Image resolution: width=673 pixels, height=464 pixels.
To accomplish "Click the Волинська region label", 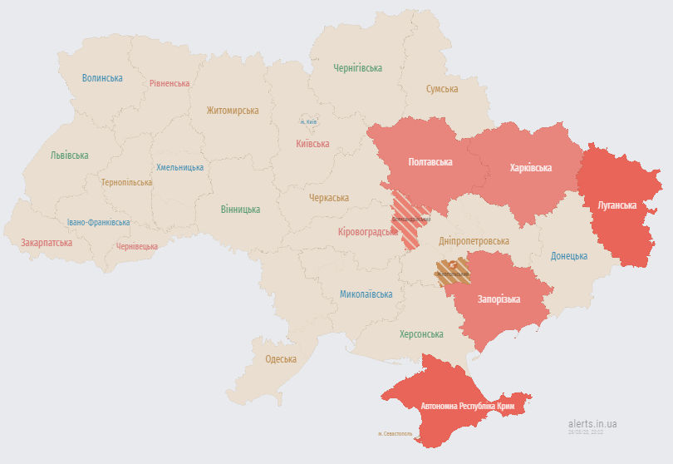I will (x=102, y=78).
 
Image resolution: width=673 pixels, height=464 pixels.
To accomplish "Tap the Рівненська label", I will (x=169, y=83).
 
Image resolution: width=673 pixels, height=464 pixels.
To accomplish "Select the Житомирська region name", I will (x=233, y=111).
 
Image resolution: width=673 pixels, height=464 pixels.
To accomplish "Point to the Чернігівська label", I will (x=357, y=68).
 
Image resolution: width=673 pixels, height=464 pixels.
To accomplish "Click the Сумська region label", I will (x=442, y=89).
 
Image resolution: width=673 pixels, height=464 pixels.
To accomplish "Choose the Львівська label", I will (x=69, y=155).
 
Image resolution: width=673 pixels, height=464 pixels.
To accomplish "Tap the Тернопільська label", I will (x=126, y=182).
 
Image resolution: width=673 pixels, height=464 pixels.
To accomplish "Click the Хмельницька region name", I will (x=179, y=167).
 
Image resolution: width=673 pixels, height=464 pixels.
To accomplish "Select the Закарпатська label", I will (x=47, y=243).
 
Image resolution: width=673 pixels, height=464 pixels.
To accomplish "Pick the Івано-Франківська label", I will (x=98, y=223).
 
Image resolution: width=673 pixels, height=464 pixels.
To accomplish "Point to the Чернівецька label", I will (x=137, y=246).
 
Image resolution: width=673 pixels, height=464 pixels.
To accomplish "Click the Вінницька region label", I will (x=240, y=210).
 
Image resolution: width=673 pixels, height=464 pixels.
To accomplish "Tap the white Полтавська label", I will (x=430, y=162).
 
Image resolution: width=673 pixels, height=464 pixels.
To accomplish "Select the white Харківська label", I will (x=530, y=168).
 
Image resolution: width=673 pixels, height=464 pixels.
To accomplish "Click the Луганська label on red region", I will (x=617, y=205).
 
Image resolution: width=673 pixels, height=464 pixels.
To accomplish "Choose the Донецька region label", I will (x=569, y=256).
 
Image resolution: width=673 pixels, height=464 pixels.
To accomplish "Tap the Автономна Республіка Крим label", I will (x=468, y=406).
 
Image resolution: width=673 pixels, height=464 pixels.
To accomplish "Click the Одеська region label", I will (x=281, y=359).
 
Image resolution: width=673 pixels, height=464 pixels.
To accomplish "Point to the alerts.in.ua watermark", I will (x=592, y=423).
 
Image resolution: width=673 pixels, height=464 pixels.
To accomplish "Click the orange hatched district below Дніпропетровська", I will (x=453, y=271).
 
